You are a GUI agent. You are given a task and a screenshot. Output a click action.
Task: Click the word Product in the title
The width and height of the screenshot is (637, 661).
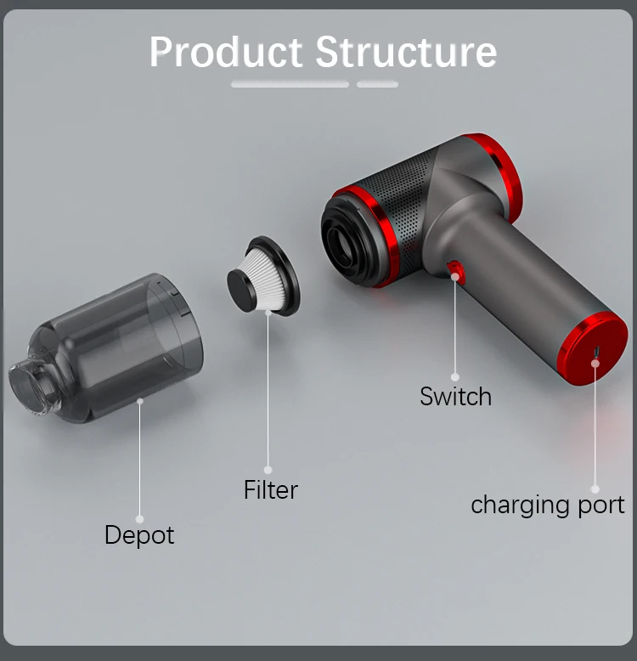pyautogui.click(x=226, y=52)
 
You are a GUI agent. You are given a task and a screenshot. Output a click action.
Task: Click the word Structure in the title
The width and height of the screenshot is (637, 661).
pyautogui.click(x=406, y=52)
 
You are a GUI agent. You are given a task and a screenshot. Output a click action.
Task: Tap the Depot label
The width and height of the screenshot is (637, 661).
pyautogui.click(x=139, y=535)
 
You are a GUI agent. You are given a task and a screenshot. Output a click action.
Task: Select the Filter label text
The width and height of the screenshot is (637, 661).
pyautogui.click(x=271, y=489)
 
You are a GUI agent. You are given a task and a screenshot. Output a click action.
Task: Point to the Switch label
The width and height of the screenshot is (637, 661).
pyautogui.click(x=455, y=396)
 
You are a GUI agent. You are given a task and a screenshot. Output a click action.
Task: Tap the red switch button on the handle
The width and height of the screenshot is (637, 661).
pyautogui.click(x=455, y=272)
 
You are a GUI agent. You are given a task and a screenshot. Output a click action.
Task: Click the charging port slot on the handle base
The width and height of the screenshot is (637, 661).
pyautogui.click(x=596, y=352)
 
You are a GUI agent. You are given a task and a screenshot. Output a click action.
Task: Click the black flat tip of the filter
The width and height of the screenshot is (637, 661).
pyautogui.click(x=242, y=289)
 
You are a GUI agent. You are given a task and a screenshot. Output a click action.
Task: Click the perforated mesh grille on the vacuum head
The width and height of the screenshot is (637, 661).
pyautogui.click(x=400, y=206)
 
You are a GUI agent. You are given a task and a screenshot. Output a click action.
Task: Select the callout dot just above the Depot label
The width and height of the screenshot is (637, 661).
pyautogui.click(x=139, y=519)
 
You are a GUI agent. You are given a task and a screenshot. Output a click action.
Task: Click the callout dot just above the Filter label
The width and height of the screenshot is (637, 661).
pyautogui.click(x=268, y=470)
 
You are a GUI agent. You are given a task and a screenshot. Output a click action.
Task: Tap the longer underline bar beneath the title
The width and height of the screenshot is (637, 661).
pyautogui.click(x=290, y=85)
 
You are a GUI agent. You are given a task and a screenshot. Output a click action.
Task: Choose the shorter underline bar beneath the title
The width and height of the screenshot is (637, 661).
pyautogui.click(x=377, y=85)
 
